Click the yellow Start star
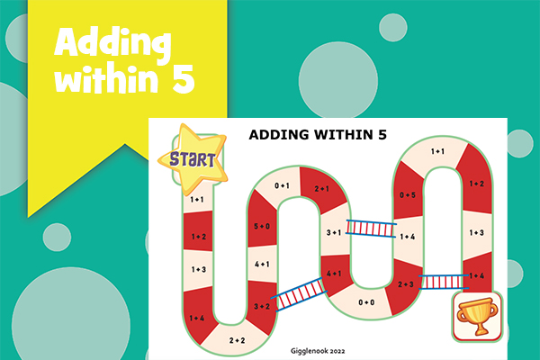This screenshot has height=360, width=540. pos(193,158)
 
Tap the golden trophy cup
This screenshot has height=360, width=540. pos(477,316)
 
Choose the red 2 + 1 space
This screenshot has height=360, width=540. pos(321,189)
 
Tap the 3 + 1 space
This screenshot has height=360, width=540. pos(334,231)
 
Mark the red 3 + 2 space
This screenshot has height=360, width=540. pos(261,306)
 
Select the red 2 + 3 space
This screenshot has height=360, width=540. pos(405,285)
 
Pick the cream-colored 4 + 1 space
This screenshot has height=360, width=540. pos(262,264)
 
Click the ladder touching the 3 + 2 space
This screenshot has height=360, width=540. pos(299,294)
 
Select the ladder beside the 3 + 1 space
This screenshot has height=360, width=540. pos(371,229)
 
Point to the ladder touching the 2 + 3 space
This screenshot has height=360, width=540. pos(444,282)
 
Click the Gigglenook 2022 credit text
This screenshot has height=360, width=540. pos(318,351)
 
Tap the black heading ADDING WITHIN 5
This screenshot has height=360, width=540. pos(318,135)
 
